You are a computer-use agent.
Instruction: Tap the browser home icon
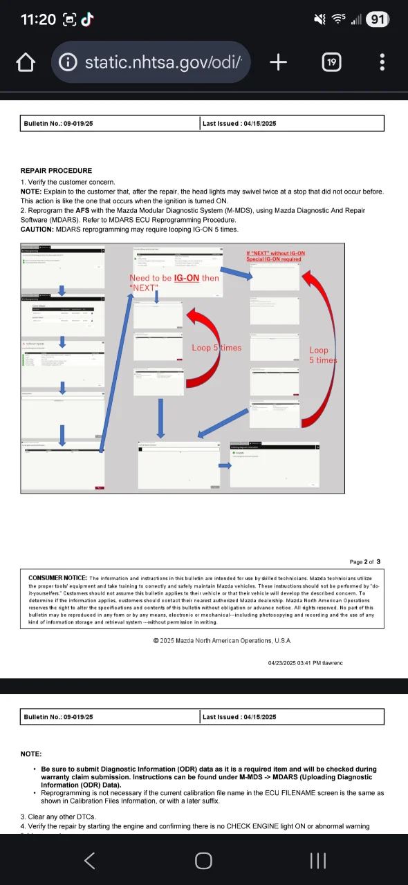point(26,62)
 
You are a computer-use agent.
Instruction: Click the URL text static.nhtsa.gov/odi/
point(163,62)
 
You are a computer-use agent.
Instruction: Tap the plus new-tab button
point(278,62)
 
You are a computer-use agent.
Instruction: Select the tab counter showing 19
point(331,62)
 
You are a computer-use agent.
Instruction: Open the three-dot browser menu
point(382,62)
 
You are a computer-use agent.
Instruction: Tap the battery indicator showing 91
point(377,19)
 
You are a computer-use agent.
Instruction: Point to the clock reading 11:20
point(38,19)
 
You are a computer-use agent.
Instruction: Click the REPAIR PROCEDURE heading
point(56,171)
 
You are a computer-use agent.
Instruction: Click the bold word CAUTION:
point(38,230)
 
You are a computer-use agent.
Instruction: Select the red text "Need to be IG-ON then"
point(174,278)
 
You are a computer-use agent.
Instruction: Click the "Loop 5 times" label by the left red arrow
point(216,348)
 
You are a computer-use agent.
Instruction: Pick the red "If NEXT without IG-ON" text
point(275,254)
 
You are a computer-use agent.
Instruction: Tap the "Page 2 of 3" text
point(364,561)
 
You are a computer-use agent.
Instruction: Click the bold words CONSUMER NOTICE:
point(57,578)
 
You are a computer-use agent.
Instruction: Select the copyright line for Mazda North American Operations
point(222,641)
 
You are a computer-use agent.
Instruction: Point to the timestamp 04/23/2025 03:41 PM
point(305,663)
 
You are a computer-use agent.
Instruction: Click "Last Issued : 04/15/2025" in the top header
point(239,124)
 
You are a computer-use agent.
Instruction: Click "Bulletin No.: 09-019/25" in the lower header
point(58,717)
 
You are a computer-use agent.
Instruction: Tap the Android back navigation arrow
point(89,860)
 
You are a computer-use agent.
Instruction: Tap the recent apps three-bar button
point(318,860)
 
